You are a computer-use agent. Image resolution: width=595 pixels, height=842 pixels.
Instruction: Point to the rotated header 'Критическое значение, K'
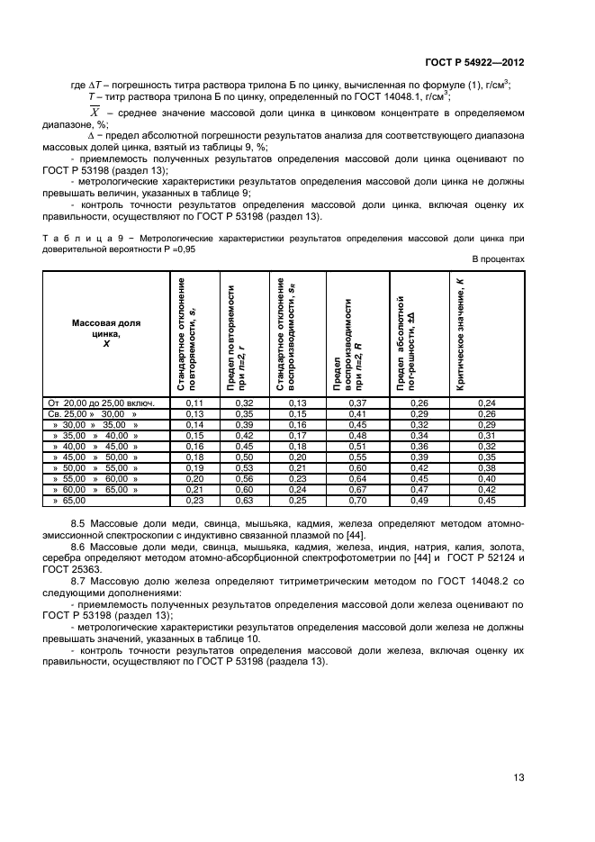click(460, 332)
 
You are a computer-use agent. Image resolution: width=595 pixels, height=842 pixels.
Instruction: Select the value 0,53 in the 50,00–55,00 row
click(243, 466)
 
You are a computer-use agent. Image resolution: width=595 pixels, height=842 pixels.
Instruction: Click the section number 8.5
click(78, 523)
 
